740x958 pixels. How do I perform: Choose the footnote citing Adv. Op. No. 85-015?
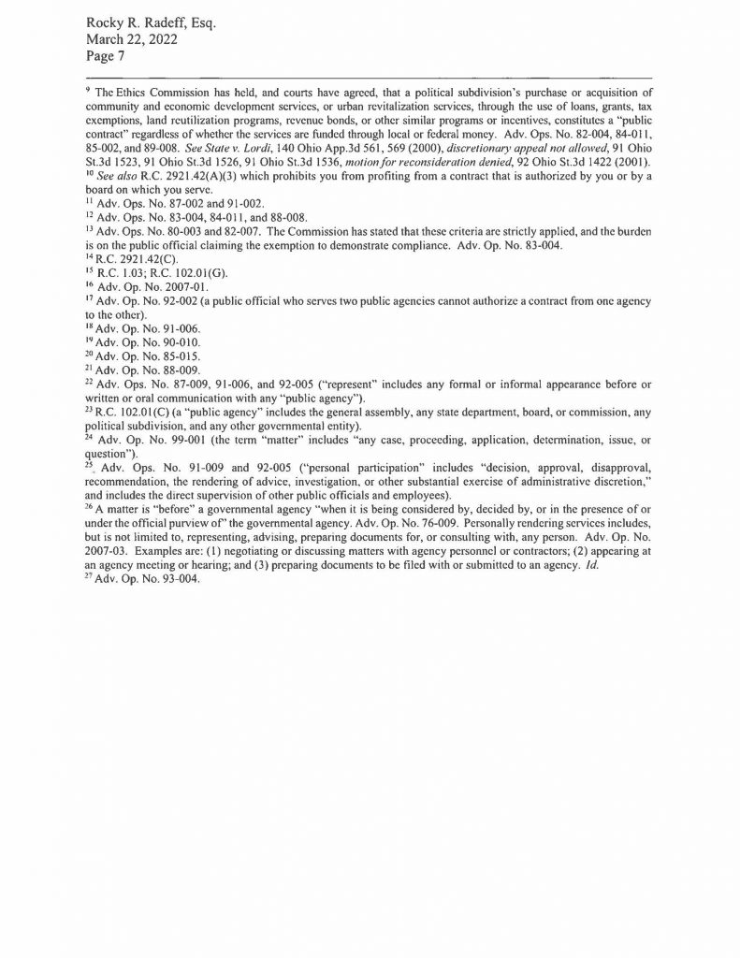pos(148,356)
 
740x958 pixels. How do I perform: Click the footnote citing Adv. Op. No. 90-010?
pos(148,341)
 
